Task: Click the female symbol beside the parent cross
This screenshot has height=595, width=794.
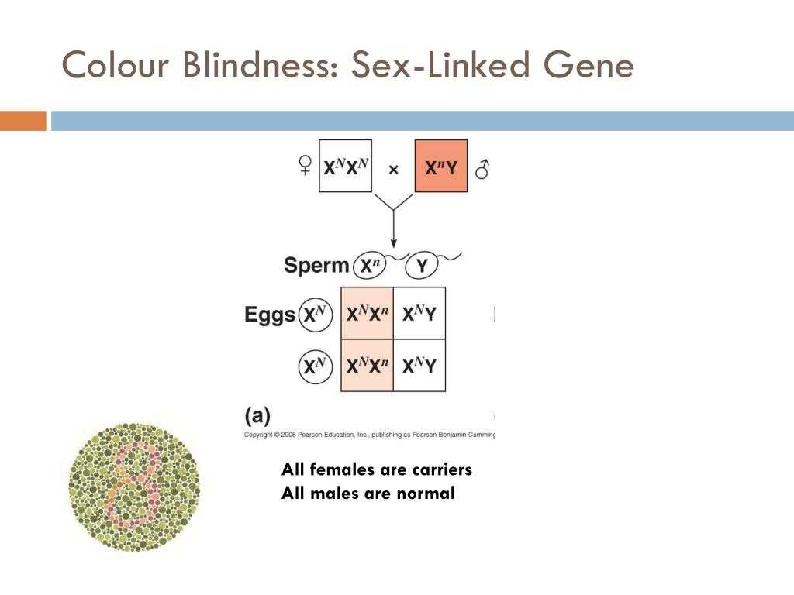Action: [x=306, y=167]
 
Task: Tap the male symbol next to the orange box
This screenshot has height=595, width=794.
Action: [x=482, y=168]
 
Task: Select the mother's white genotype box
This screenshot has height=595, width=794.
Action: [x=345, y=166]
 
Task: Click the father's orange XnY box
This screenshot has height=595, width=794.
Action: [x=441, y=166]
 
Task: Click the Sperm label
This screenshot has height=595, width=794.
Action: [x=316, y=266]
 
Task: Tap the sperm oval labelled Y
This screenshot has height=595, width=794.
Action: [x=423, y=267]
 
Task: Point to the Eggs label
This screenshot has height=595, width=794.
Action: [x=270, y=315]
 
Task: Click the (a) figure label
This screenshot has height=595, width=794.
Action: [x=257, y=415]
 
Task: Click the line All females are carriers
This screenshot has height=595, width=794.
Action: [x=377, y=469]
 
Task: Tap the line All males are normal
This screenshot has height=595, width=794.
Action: [x=368, y=493]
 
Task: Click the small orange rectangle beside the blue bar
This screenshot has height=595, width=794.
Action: [x=23, y=121]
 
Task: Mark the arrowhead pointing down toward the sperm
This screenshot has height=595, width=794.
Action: [x=394, y=242]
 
